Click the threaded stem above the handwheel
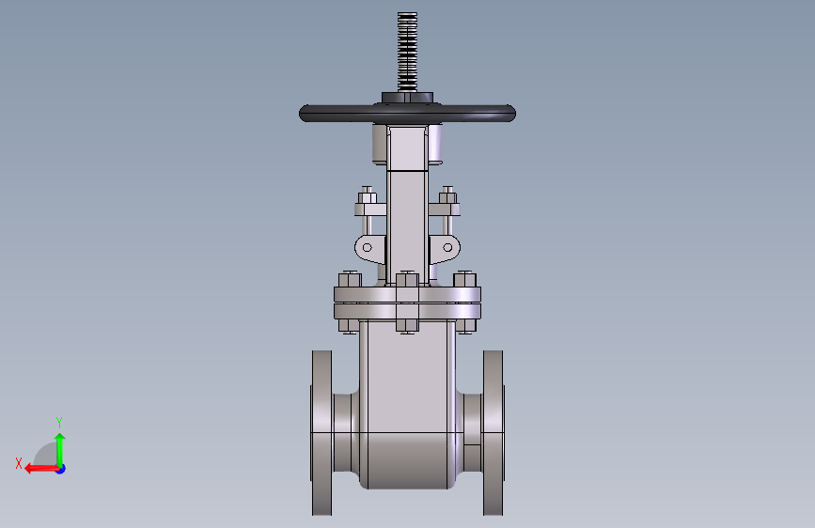407,52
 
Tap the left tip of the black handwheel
299,114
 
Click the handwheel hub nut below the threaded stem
407,99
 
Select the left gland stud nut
367,197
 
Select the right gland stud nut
447,197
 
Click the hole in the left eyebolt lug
367,247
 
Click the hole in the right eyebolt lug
447,247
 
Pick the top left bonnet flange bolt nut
350,280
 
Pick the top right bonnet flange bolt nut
464,280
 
